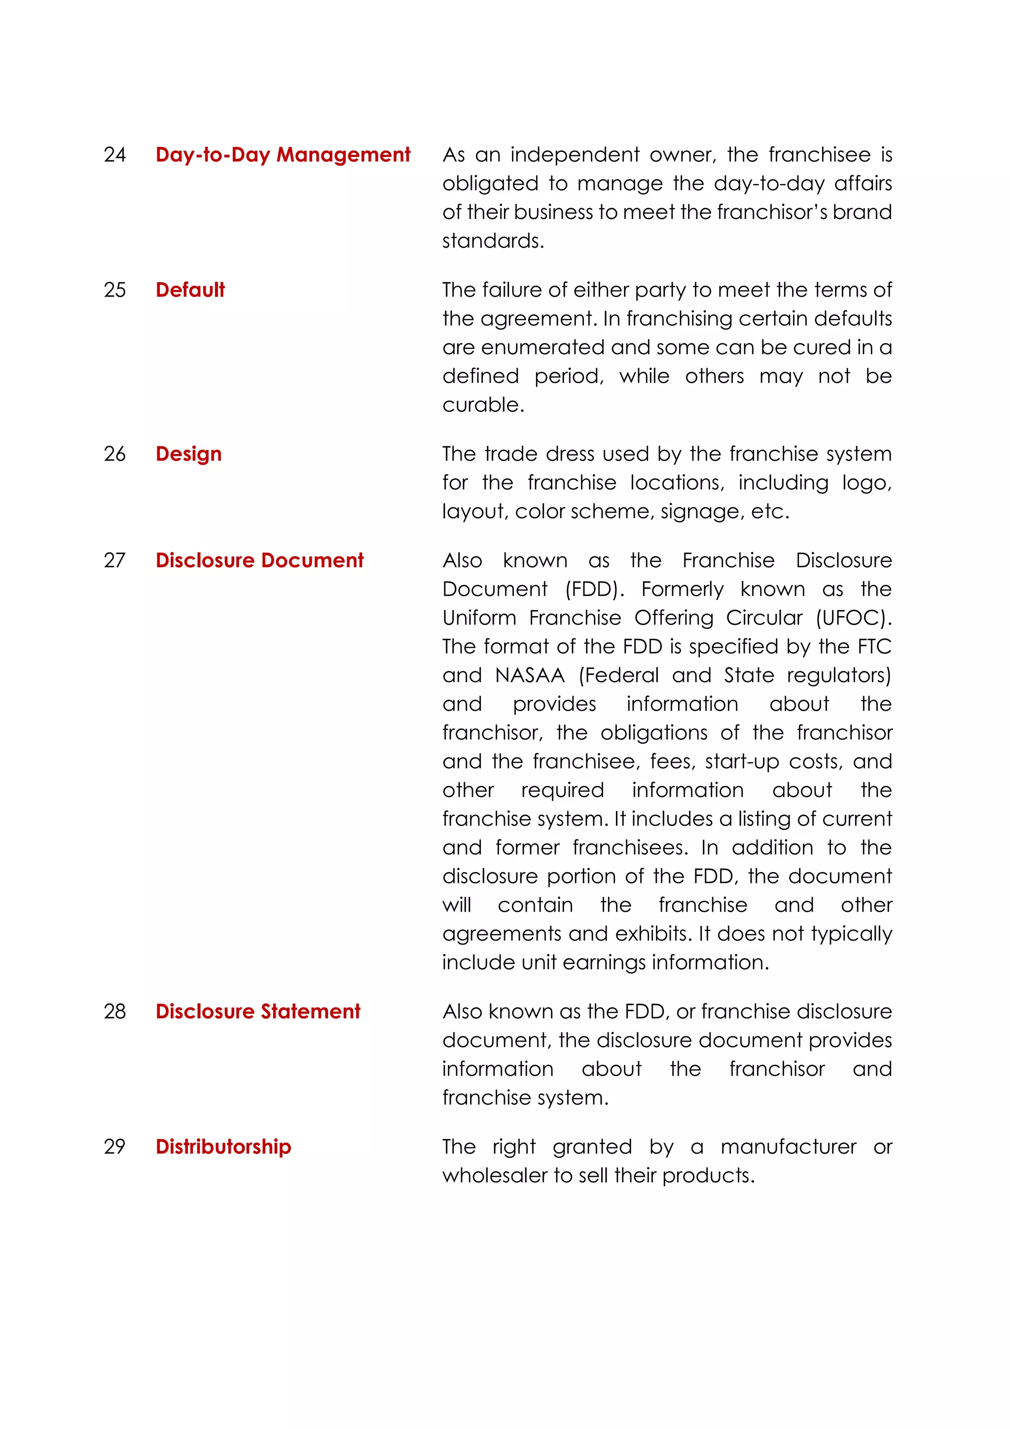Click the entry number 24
pyautogui.click(x=114, y=154)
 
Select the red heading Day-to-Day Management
pyautogui.click(x=283, y=154)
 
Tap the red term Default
pyautogui.click(x=190, y=290)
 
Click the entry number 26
pyautogui.click(x=114, y=454)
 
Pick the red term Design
pyautogui.click(x=188, y=454)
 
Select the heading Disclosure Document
pyautogui.click(x=259, y=560)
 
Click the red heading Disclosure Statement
pyautogui.click(x=257, y=1011)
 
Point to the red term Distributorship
pyautogui.click(x=223, y=1146)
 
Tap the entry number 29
pyautogui.click(x=114, y=1146)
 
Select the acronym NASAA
pyautogui.click(x=530, y=675)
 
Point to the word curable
pyautogui.click(x=482, y=405)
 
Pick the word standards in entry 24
pyautogui.click(x=492, y=241)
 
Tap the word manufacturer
pyautogui.click(x=788, y=1146)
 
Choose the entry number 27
pyautogui.click(x=114, y=560)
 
